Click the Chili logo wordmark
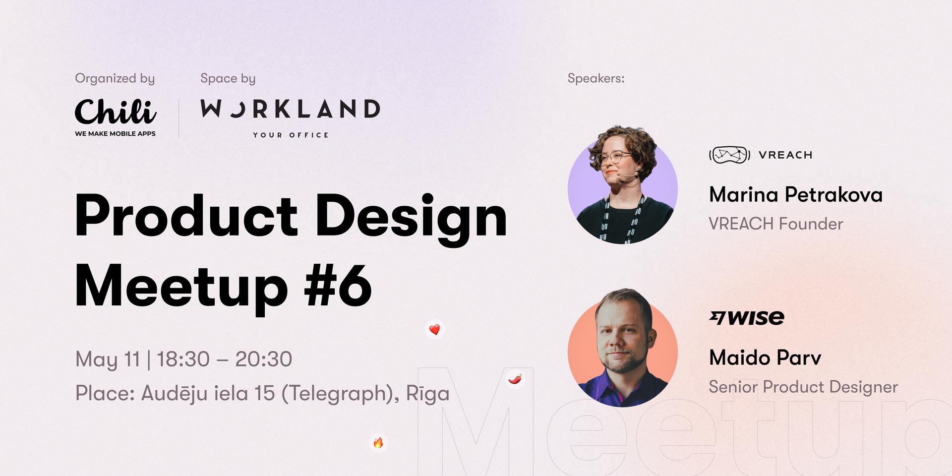point(116,112)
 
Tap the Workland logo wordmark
point(290,109)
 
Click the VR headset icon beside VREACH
point(729,155)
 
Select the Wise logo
point(747,317)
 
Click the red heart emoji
point(435,330)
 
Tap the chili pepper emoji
point(515,379)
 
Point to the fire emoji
point(378,442)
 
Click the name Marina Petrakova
point(796,194)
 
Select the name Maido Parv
point(765,357)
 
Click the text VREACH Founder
point(776,224)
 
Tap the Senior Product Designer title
point(803,387)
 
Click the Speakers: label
point(596,78)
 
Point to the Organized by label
point(115,79)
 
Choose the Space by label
point(228,79)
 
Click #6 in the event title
point(338,286)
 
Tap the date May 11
point(108,359)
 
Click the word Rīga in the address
point(428,393)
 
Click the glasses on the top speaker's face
point(614,157)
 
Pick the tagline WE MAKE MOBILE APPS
point(116,133)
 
